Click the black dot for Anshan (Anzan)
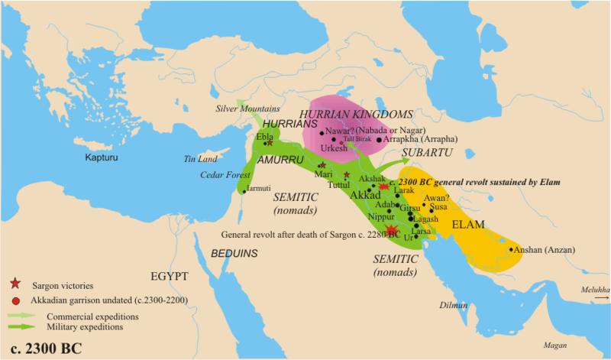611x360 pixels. [510, 249]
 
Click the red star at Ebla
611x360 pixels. [270, 143]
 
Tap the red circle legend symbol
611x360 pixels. [15, 300]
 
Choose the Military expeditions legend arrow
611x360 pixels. [24, 326]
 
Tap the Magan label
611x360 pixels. [554, 345]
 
